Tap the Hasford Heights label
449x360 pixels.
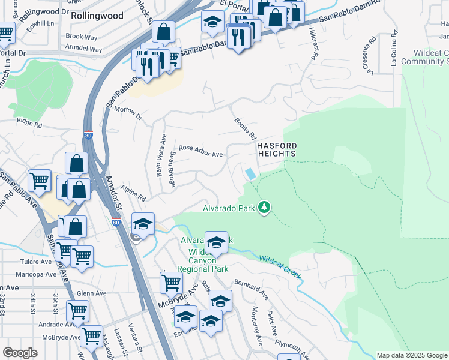276,149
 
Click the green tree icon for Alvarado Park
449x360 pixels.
264,208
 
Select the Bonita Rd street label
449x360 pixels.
246,128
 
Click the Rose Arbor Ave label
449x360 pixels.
201,151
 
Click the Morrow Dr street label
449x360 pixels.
127,112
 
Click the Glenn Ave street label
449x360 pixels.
91,293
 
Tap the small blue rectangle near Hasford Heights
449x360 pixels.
250,173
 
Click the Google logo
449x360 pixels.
20,353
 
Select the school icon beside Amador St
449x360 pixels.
143,224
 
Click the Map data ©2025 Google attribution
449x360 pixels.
412,355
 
